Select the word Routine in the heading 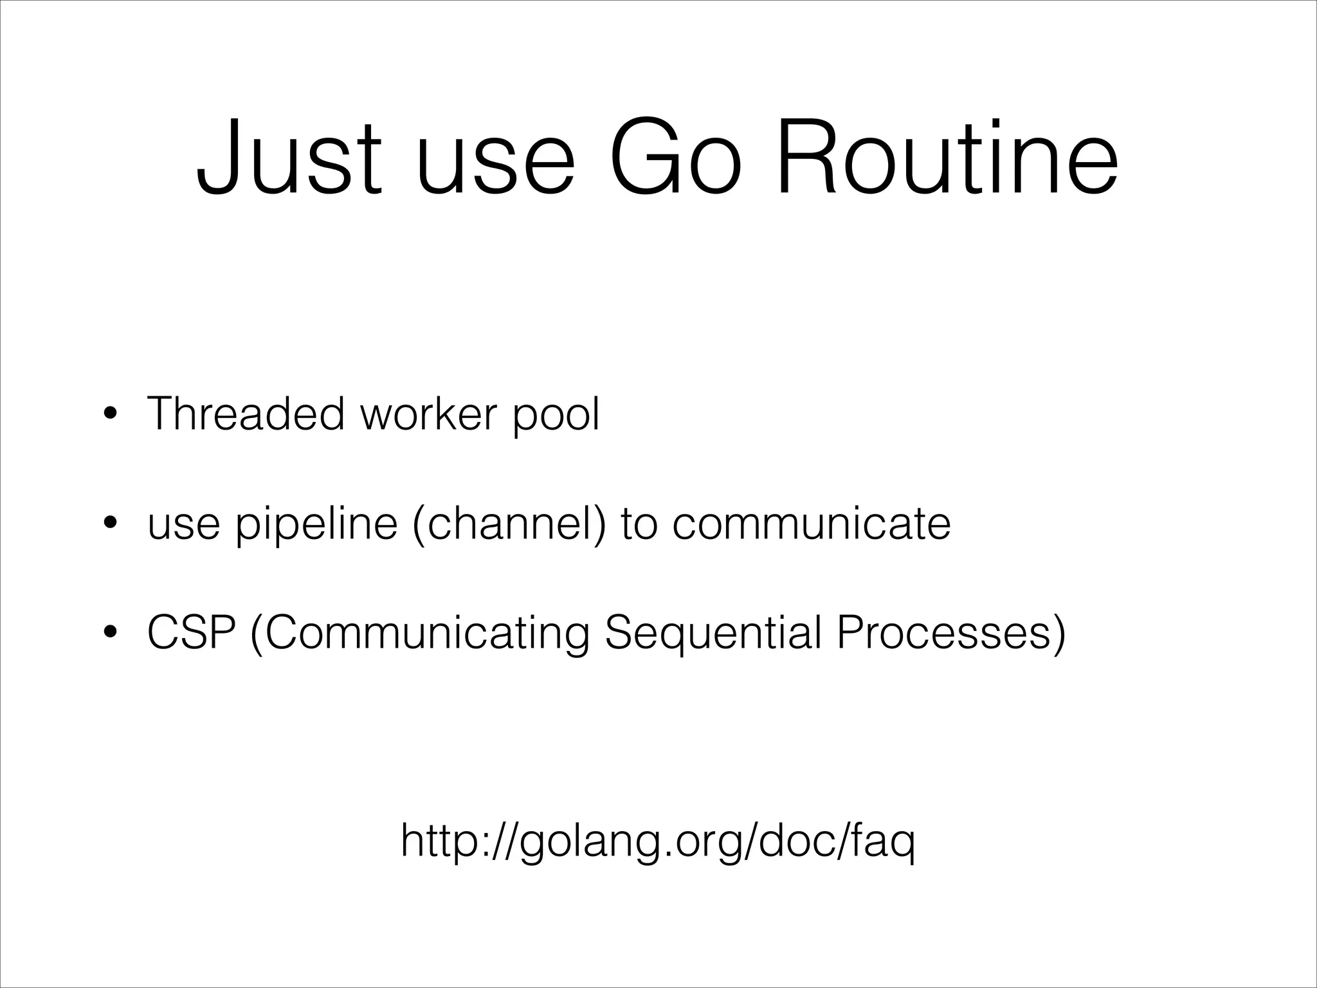click(x=947, y=156)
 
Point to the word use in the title click(x=495, y=164)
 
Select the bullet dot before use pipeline click(x=111, y=524)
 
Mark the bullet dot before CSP click(x=111, y=633)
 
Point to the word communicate click(x=811, y=524)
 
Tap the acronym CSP click(x=191, y=633)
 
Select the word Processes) click(x=951, y=633)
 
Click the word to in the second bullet click(x=639, y=524)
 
